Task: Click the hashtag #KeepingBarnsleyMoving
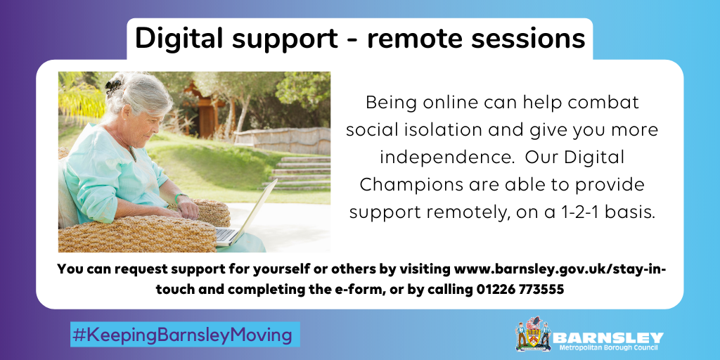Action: pyautogui.click(x=182, y=335)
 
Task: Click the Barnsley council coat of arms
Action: pyautogui.click(x=533, y=334)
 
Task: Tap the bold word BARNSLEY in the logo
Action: pyautogui.click(x=608, y=338)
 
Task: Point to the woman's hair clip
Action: pyautogui.click(x=113, y=85)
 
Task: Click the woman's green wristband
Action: pyautogui.click(x=179, y=198)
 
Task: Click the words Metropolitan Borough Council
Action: pyautogui.click(x=608, y=347)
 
